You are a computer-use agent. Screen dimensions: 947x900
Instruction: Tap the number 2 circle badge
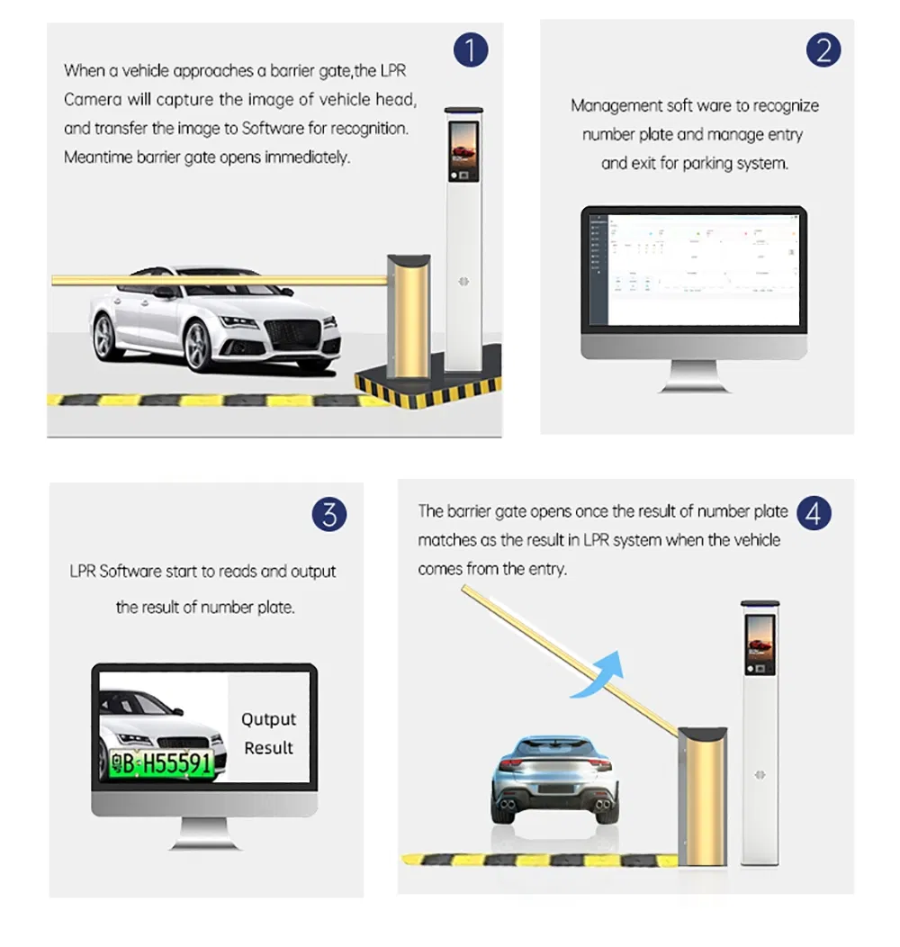[823, 50]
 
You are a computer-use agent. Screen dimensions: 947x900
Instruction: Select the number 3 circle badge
[329, 515]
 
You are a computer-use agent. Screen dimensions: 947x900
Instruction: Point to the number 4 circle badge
[814, 514]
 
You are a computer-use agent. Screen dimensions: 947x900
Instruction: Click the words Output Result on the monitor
[268, 733]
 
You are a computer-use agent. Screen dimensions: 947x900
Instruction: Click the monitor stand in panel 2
[693, 375]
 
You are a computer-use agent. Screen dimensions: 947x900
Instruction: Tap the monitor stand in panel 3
[204, 832]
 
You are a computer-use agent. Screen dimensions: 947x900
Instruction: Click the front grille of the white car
[293, 334]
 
